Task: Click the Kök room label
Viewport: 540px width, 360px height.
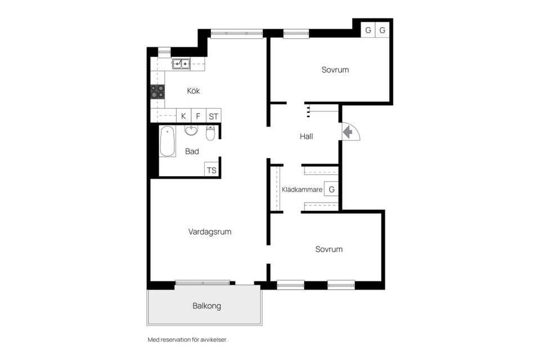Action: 193,91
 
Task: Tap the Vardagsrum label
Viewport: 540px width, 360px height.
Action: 210,232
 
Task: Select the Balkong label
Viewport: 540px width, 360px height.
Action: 206,306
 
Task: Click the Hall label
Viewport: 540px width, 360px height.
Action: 306,137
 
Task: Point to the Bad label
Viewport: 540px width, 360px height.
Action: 192,151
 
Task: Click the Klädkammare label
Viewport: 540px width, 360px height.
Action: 302,190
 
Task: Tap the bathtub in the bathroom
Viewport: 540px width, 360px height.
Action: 168,141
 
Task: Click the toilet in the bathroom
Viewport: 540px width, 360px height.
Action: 210,133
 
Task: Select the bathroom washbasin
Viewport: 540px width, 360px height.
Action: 191,130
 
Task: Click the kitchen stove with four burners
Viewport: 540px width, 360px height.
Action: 157,92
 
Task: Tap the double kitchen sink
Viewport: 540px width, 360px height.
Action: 181,64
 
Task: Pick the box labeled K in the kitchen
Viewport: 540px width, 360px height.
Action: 183,116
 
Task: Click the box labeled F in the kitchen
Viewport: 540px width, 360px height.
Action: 198,116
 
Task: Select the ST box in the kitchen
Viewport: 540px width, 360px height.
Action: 214,116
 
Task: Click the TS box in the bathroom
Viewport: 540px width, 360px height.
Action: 211,170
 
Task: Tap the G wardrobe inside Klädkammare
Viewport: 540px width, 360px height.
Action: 331,189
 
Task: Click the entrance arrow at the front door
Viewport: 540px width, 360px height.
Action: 348,132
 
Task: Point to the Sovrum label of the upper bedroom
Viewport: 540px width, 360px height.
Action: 335,70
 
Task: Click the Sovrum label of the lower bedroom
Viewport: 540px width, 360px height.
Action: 329,249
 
